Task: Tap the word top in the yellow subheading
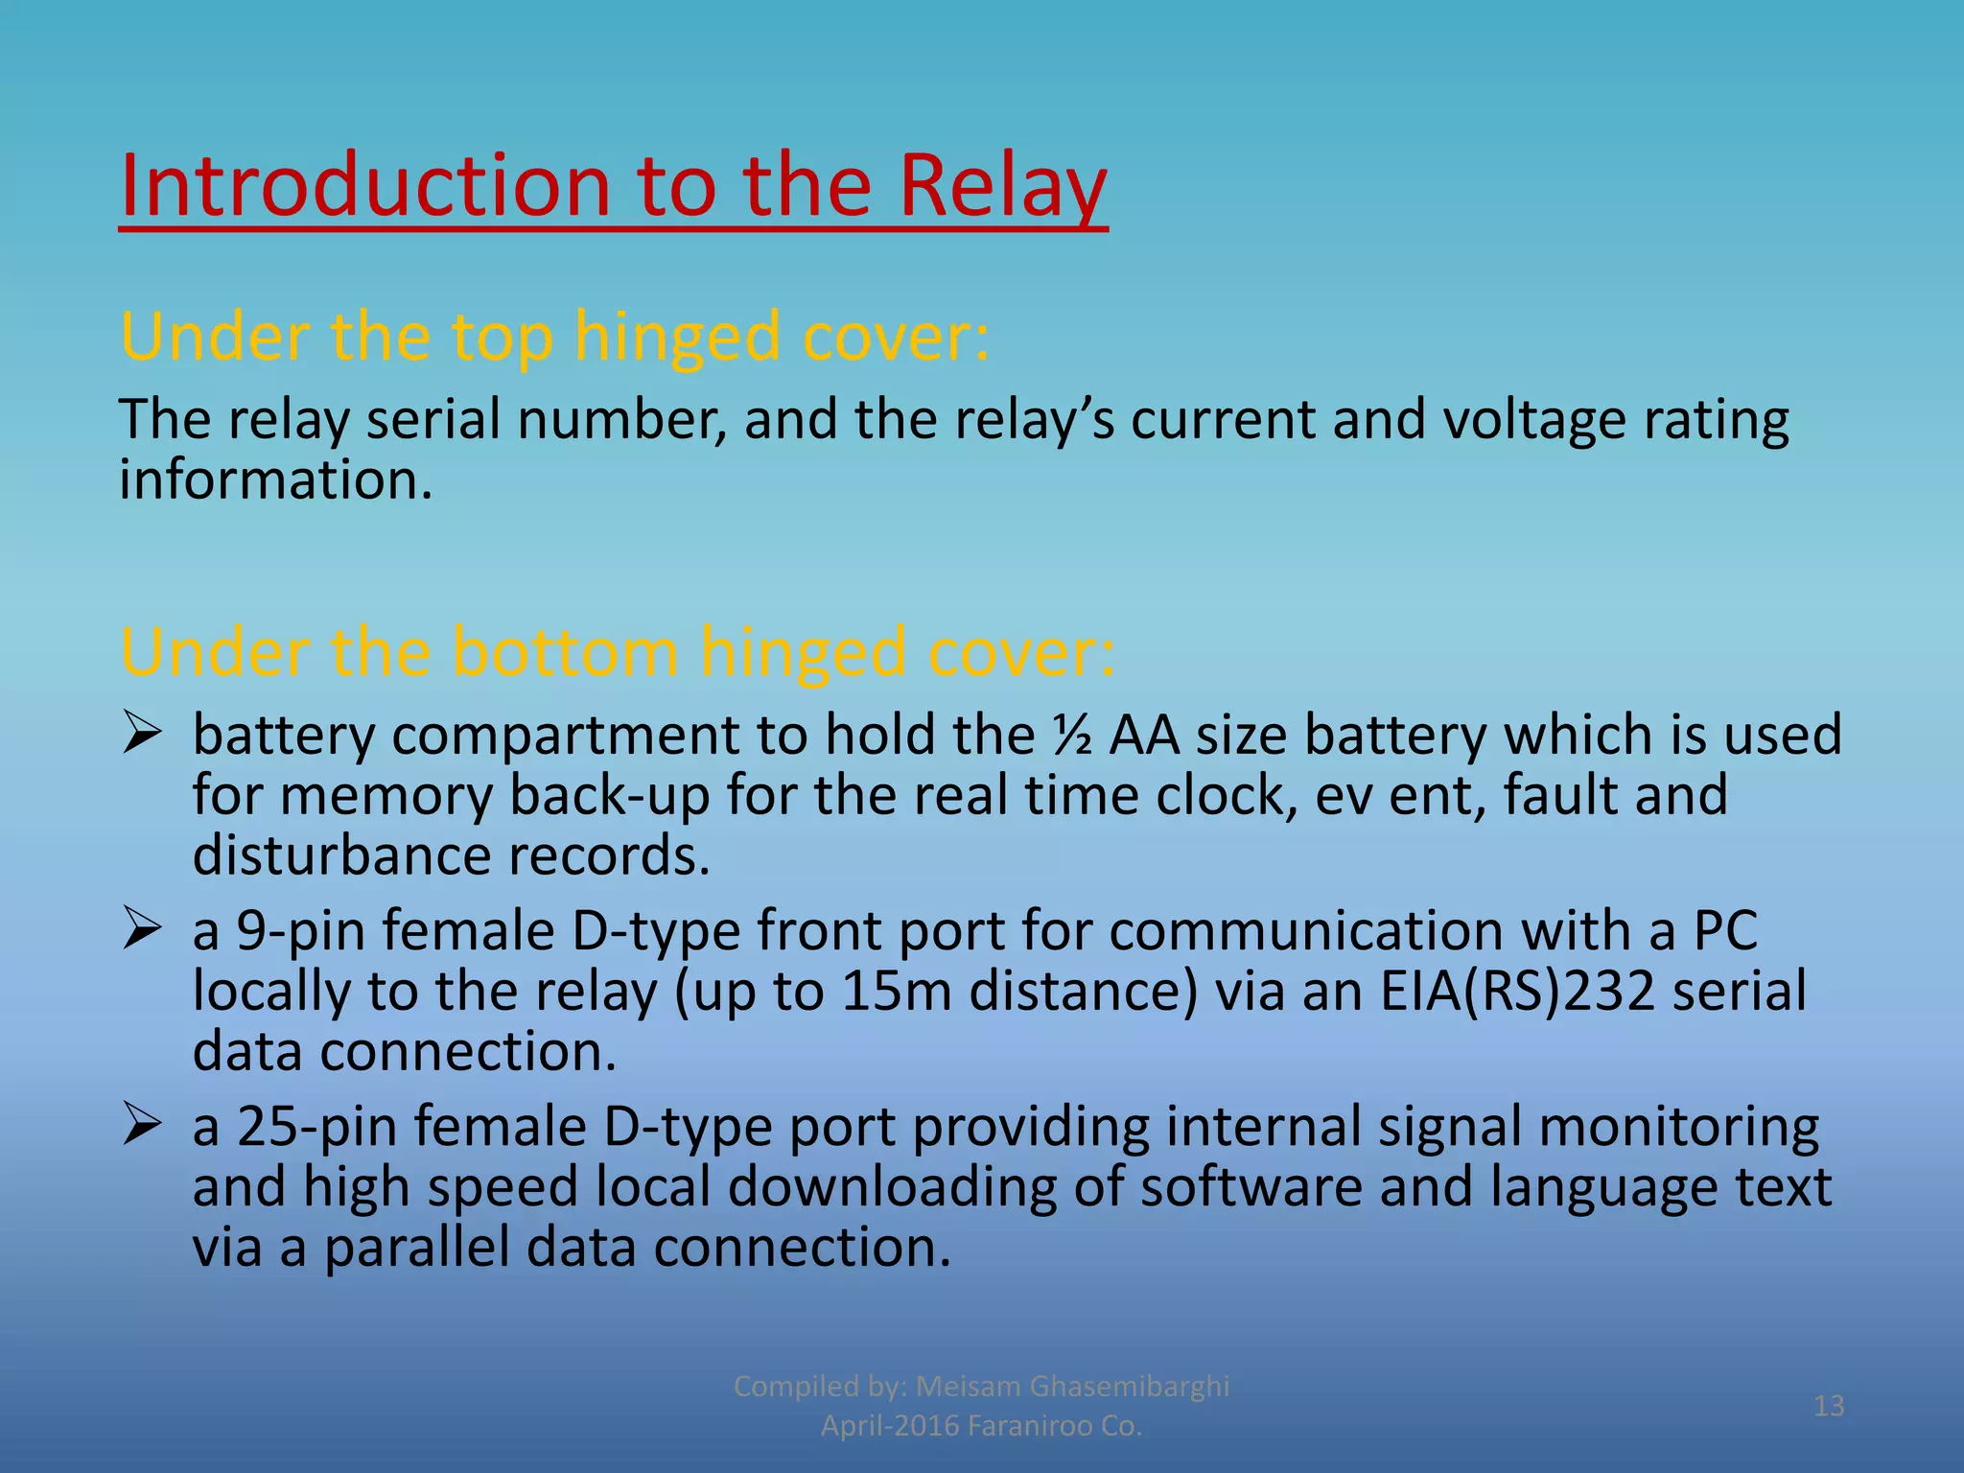tap(502, 338)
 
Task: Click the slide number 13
tap(1829, 1406)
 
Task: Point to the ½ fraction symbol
tap(1072, 736)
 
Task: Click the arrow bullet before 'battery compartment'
tap(141, 736)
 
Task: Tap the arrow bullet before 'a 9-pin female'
tap(141, 931)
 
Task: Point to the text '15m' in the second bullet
tap(896, 992)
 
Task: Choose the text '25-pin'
tap(316, 1127)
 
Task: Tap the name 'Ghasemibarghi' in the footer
tap(1129, 1386)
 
